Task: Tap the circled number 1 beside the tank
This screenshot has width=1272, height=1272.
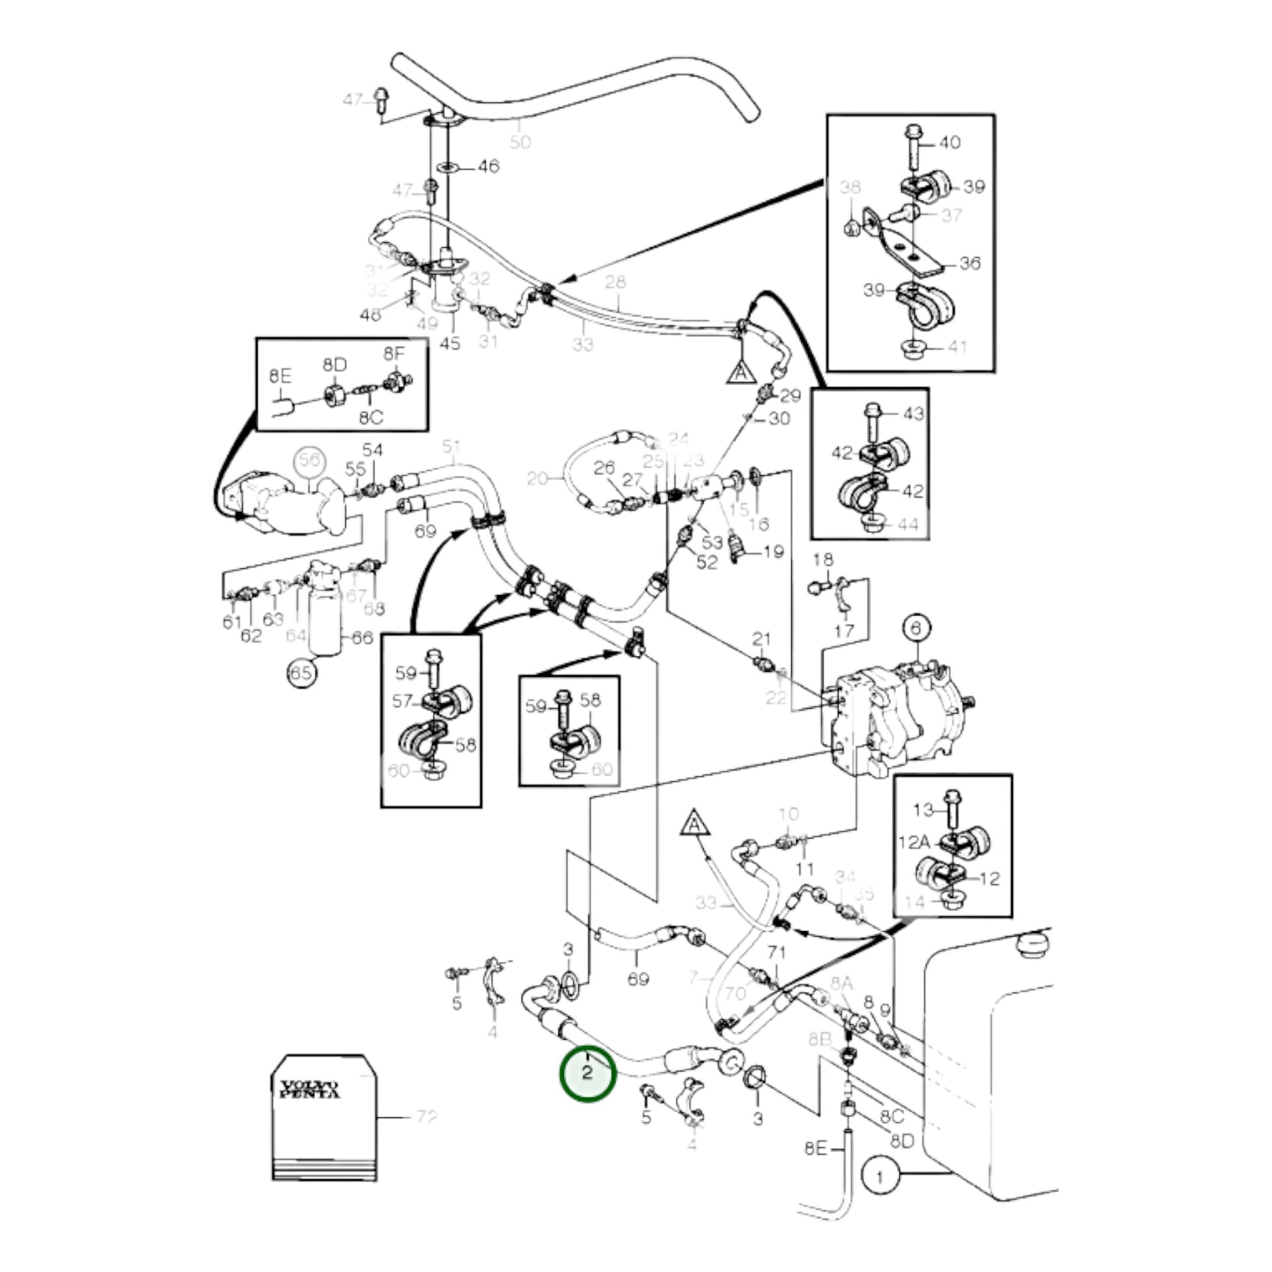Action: pos(880,1176)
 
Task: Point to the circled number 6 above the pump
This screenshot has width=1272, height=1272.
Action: pos(916,629)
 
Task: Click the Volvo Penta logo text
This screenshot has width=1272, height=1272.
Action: pos(309,1090)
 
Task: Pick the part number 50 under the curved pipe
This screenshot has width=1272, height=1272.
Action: pos(520,142)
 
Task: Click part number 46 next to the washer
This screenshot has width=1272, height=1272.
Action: pos(488,166)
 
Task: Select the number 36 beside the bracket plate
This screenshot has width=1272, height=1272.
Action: pos(970,263)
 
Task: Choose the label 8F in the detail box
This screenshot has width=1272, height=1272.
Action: pos(394,354)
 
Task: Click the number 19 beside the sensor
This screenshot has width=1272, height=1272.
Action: pos(774,551)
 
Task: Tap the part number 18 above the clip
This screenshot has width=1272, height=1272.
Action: pos(823,560)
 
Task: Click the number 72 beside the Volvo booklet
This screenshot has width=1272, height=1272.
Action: pos(427,1117)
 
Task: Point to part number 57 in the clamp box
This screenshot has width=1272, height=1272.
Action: pos(402,702)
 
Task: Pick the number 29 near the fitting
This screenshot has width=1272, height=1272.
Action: pos(790,395)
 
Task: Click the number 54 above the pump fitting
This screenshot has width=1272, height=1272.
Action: pos(372,450)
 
